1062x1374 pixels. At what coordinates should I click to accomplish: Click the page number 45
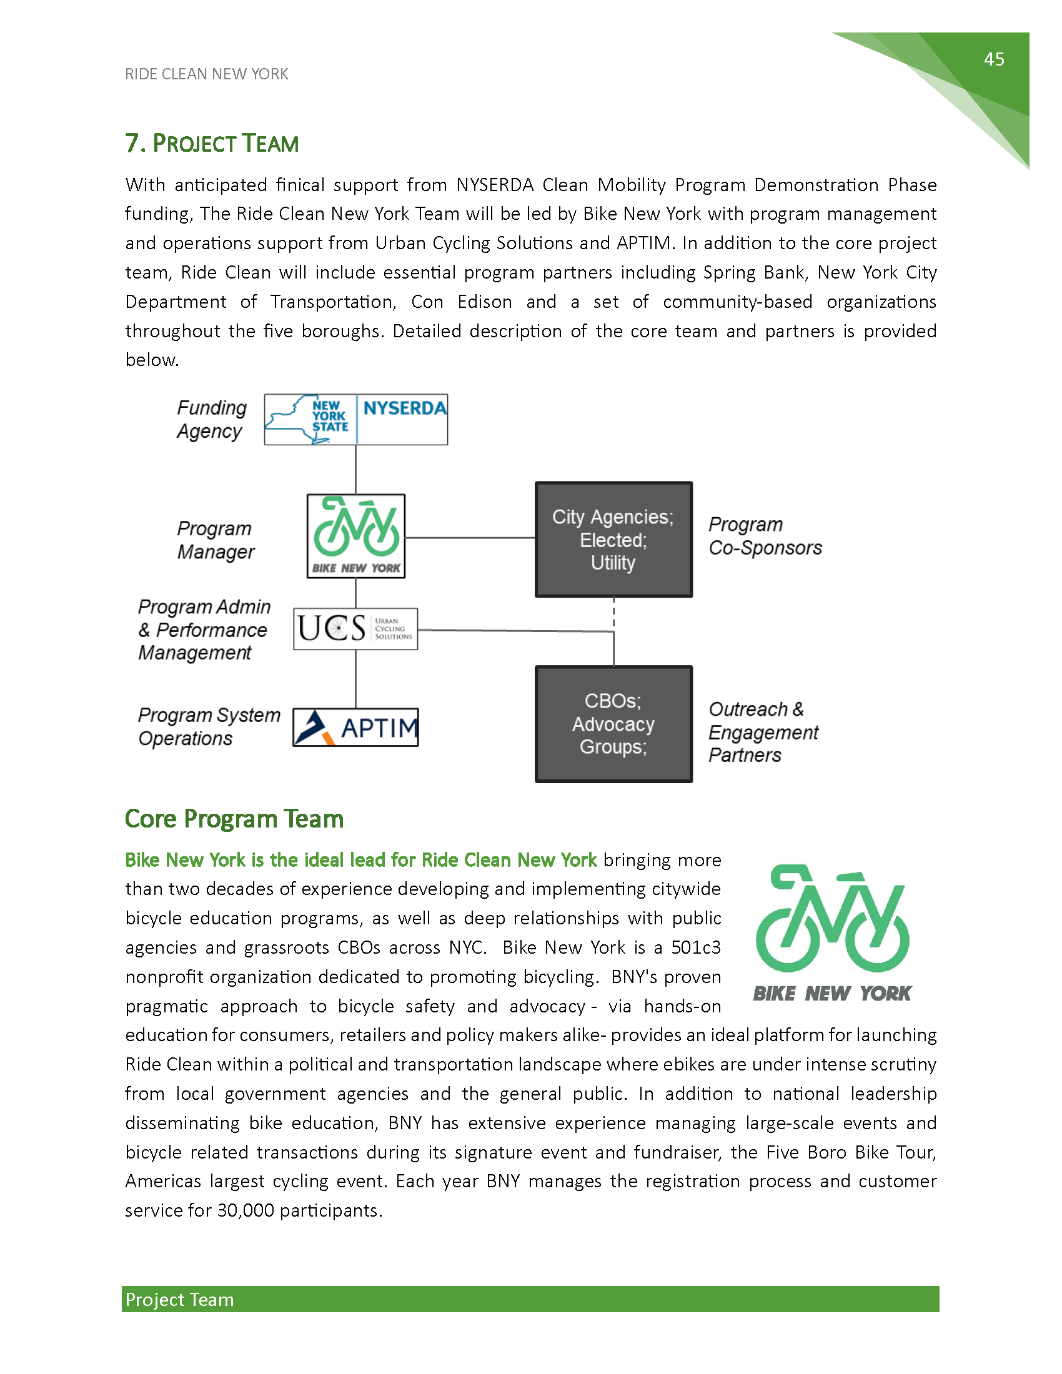993,59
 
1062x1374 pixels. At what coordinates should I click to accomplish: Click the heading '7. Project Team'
211,144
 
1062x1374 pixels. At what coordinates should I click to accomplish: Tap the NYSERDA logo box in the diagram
355,420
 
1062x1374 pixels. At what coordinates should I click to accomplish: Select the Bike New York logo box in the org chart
355,536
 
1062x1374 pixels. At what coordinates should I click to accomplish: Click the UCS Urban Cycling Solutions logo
355,628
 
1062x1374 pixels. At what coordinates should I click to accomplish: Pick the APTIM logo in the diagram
355,727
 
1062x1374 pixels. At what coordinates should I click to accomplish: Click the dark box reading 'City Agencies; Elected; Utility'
613,540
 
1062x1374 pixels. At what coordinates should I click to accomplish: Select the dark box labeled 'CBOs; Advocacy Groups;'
613,724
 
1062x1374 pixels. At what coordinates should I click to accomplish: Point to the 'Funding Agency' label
211,420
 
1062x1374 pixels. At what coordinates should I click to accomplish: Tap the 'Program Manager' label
215,540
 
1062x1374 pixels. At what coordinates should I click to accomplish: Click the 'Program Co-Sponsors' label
765,536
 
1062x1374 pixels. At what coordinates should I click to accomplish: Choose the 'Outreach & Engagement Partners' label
763,733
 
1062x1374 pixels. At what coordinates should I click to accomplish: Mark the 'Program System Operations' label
208,726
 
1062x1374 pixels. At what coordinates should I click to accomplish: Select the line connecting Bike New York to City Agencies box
469,538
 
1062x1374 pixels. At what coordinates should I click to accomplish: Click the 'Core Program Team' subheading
234,819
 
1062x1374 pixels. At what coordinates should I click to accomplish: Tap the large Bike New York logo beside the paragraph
831,932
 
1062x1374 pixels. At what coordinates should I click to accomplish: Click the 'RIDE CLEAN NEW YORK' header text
206,74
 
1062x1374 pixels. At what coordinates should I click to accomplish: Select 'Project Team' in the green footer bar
179,1300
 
